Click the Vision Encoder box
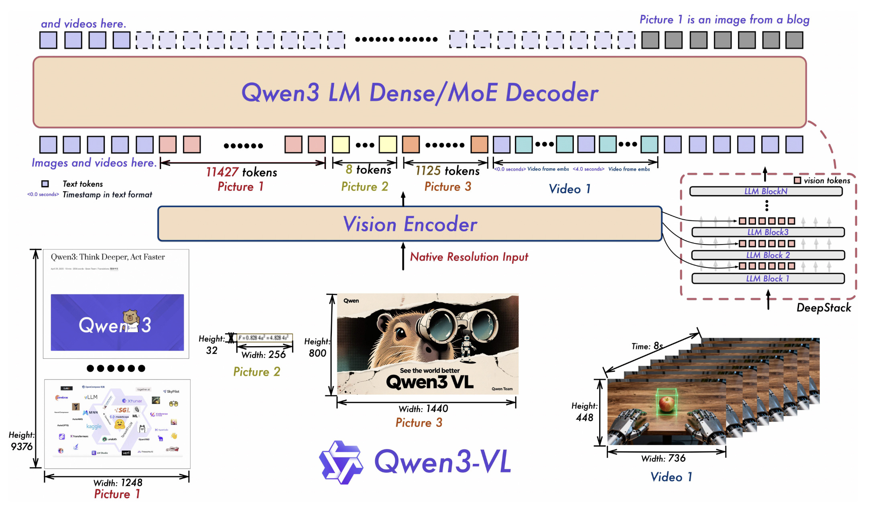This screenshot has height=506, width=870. pyautogui.click(x=410, y=224)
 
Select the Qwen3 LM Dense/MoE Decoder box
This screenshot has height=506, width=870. pyautogui.click(x=420, y=92)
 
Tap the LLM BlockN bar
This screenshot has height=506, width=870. pyautogui.click(x=766, y=191)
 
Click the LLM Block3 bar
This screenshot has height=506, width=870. pyautogui.click(x=768, y=232)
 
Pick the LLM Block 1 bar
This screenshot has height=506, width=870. pyautogui.click(x=768, y=279)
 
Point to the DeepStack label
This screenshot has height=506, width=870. pyautogui.click(x=823, y=308)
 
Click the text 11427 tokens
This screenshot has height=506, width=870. pyautogui.click(x=242, y=172)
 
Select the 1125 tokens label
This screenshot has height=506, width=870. pyautogui.click(x=447, y=171)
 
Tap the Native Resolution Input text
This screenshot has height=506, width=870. pyautogui.click(x=469, y=257)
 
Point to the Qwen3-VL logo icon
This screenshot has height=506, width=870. pyautogui.click(x=341, y=462)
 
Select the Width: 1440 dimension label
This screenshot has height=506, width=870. pyautogui.click(x=423, y=409)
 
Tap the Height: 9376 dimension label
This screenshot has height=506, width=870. pyautogui.click(x=22, y=441)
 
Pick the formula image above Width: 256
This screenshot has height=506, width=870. pyautogui.click(x=264, y=338)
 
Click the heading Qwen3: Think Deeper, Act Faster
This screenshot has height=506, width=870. pyautogui.click(x=108, y=257)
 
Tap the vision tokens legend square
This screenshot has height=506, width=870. pyautogui.click(x=797, y=181)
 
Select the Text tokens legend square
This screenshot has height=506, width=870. pyautogui.click(x=45, y=184)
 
